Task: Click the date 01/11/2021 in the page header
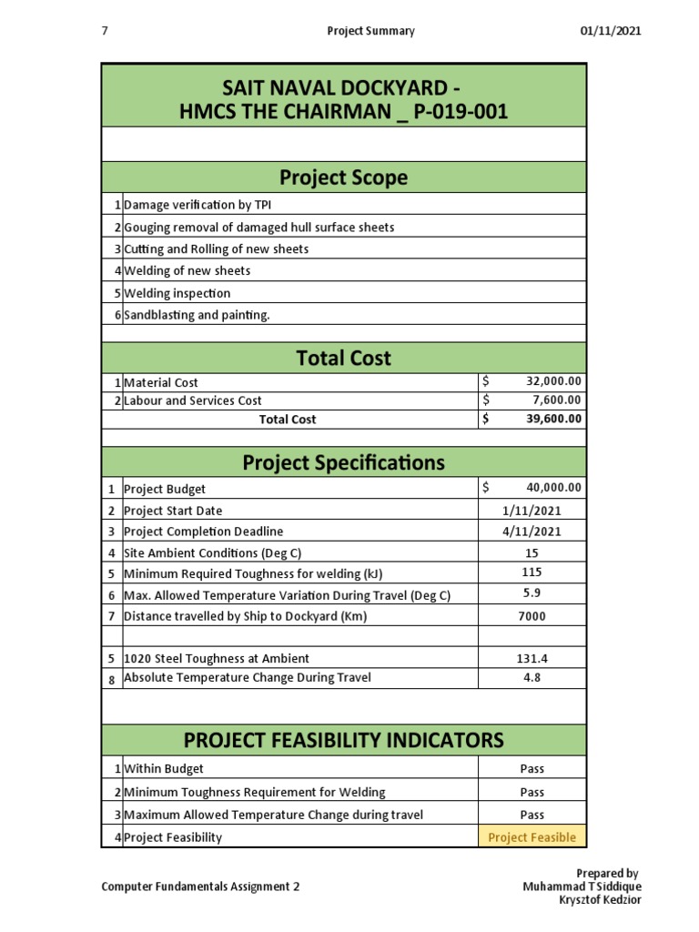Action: (611, 31)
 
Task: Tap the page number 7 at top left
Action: (105, 31)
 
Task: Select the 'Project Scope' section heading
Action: (344, 177)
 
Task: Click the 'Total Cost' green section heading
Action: (344, 359)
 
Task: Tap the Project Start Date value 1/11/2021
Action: (532, 511)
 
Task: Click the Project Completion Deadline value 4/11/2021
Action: (532, 532)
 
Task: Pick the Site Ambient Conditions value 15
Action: (532, 553)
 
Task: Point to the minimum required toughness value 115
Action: (532, 572)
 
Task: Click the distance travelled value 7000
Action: (532, 616)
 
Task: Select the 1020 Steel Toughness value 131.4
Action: (532, 658)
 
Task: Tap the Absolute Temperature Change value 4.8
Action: (532, 678)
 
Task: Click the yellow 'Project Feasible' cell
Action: (532, 837)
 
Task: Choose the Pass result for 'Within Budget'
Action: (532, 769)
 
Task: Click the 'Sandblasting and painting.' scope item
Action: (197, 315)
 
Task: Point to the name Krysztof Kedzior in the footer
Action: (601, 900)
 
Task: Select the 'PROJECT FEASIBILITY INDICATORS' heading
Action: (344, 739)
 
